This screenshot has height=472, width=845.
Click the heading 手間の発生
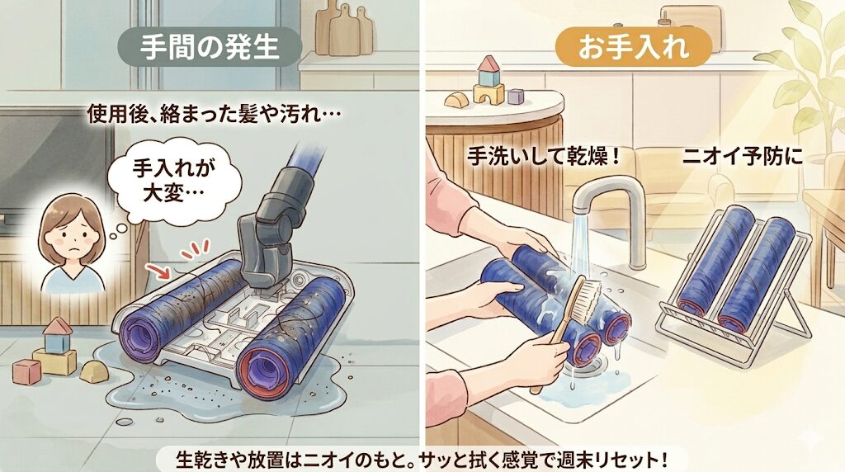tap(212, 47)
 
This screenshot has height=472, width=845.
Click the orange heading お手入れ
tap(633, 47)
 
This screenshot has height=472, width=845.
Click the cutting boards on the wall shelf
tap(341, 29)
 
